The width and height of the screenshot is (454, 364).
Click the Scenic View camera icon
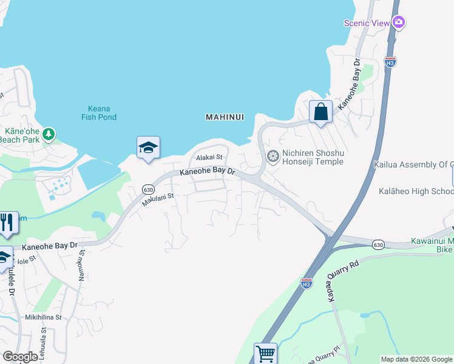[399, 22]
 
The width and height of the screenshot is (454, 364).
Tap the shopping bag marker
[320, 112]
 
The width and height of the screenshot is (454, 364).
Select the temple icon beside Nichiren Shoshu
[273, 157]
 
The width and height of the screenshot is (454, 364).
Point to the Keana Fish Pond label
[98, 113]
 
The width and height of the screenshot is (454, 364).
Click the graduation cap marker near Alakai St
[148, 147]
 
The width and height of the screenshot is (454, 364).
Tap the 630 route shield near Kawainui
[379, 244]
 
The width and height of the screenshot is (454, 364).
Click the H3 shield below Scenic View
[390, 62]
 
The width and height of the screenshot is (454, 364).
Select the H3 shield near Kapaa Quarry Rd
[307, 283]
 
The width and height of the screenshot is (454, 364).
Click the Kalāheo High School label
[416, 191]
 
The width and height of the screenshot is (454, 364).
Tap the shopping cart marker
[265, 353]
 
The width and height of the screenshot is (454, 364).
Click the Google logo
[20, 357]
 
